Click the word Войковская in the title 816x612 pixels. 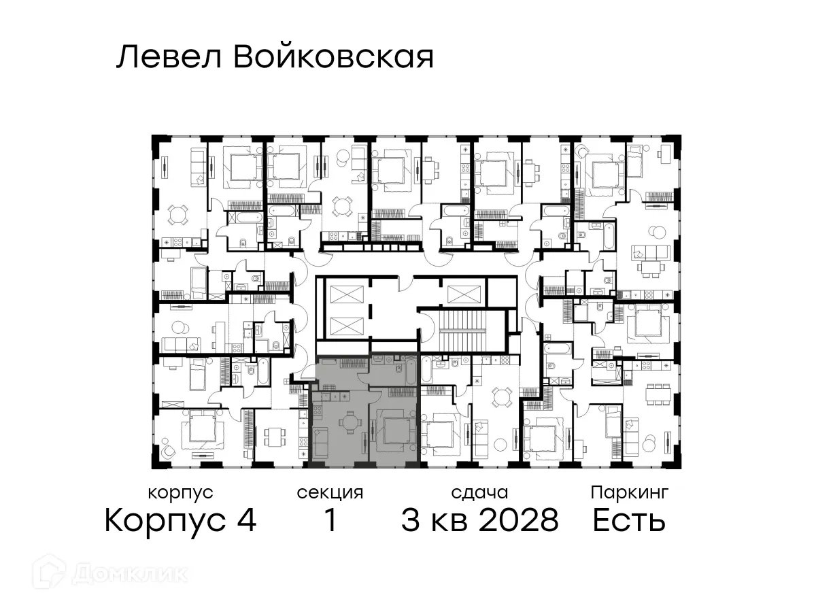333,58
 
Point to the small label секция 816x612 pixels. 330,492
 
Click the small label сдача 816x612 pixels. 479,492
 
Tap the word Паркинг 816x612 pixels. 630,492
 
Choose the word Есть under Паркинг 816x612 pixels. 628,522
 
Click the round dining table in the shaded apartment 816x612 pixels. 350,424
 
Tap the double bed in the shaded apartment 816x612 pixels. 394,432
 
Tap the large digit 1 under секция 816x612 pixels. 330,522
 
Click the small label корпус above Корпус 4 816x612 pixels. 180,492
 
